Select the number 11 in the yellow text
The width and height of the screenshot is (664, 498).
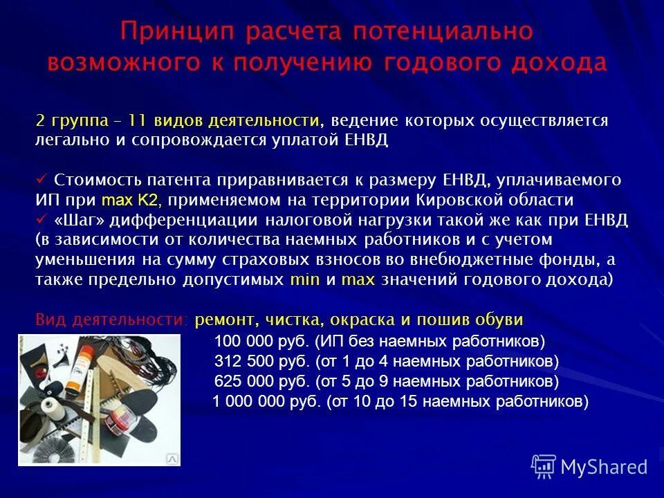tap(137, 120)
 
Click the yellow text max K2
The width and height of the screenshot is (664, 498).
tap(131, 201)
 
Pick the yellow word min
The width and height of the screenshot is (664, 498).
tap(304, 280)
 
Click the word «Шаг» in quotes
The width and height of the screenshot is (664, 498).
tap(75, 220)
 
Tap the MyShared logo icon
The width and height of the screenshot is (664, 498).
tap(544, 467)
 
